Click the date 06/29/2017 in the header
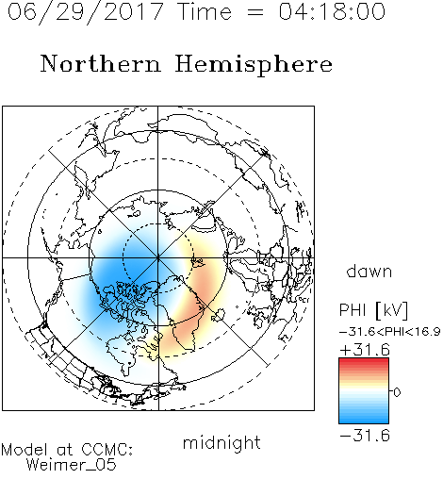tap(86, 12)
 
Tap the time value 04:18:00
tap(332, 11)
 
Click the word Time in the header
tap(205, 11)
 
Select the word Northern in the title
tap(101, 63)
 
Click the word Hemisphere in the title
tap(254, 65)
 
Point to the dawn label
tap(369, 271)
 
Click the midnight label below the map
tap(221, 443)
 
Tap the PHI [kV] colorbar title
tap(373, 310)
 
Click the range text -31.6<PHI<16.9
tap(390, 332)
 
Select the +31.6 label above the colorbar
tap(365, 350)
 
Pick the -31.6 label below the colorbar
tap(365, 436)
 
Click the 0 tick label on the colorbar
tap(397, 392)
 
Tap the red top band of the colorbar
tap(364, 362)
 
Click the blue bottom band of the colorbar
tap(364, 420)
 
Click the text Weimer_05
tap(72, 465)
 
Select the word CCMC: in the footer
tap(107, 450)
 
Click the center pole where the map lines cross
tap(158, 258)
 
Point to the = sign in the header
tap(255, 12)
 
